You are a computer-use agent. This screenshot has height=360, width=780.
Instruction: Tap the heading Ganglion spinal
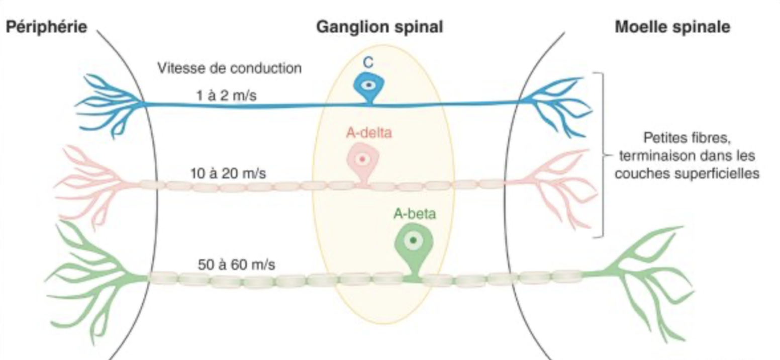[x=379, y=27]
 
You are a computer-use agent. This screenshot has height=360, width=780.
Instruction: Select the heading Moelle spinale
[x=672, y=27]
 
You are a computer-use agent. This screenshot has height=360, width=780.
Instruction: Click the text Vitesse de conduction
[x=230, y=68]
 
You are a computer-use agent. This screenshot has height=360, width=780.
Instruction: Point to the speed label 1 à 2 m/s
[x=226, y=95]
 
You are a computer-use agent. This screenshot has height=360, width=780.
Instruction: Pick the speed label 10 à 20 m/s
[x=228, y=173]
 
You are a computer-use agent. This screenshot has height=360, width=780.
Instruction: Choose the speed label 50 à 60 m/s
[x=236, y=265]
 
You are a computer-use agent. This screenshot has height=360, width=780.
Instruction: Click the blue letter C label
[x=368, y=63]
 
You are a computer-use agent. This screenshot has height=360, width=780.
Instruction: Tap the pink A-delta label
[x=369, y=133]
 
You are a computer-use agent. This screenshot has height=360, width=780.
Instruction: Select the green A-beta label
[x=414, y=214]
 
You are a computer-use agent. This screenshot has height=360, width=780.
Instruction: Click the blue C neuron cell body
[x=369, y=86]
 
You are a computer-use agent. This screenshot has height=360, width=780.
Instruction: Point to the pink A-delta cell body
[x=362, y=161]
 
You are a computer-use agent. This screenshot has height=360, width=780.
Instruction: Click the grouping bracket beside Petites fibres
[x=603, y=155]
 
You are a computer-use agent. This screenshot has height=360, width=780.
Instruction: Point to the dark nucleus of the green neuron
[x=413, y=240]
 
